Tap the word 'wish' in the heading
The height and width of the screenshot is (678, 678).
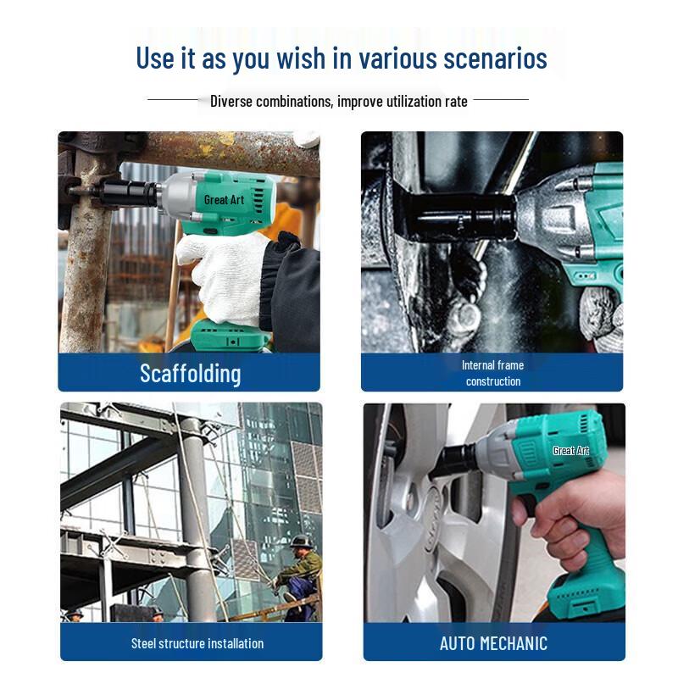pyautogui.click(x=301, y=58)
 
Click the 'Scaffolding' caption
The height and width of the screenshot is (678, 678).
pyautogui.click(x=190, y=374)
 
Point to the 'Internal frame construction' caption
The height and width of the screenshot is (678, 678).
pyautogui.click(x=493, y=373)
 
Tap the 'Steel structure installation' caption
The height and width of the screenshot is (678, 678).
pyautogui.click(x=197, y=643)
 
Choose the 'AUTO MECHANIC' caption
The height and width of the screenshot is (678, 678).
pyautogui.click(x=493, y=643)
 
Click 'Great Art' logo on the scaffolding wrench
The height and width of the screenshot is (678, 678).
pyautogui.click(x=224, y=200)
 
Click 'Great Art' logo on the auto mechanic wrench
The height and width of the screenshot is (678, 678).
pyautogui.click(x=571, y=451)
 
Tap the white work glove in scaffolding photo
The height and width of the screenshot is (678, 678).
pyautogui.click(x=225, y=277)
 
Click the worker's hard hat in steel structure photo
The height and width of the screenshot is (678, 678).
pyautogui.click(x=300, y=542)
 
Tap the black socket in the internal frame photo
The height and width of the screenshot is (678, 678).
pyautogui.click(x=458, y=217)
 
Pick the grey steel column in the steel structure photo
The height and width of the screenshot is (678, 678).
pyautogui.click(x=195, y=519)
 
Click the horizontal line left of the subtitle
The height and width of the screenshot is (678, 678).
pyautogui.click(x=173, y=99)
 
